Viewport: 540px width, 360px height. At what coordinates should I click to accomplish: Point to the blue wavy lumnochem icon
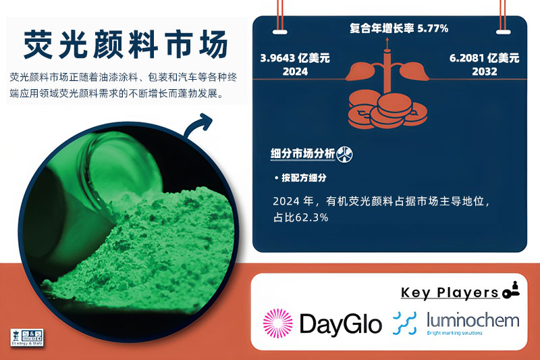click(404, 323)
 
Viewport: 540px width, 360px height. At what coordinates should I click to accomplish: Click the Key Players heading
click(449, 292)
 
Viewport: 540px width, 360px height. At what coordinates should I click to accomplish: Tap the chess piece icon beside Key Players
click(510, 290)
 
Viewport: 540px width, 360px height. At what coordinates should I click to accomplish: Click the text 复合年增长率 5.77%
click(399, 28)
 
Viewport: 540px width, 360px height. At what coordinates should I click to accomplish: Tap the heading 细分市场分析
click(302, 153)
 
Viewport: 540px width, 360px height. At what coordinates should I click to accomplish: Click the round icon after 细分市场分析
click(344, 153)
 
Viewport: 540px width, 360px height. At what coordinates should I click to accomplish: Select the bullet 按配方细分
click(304, 178)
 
